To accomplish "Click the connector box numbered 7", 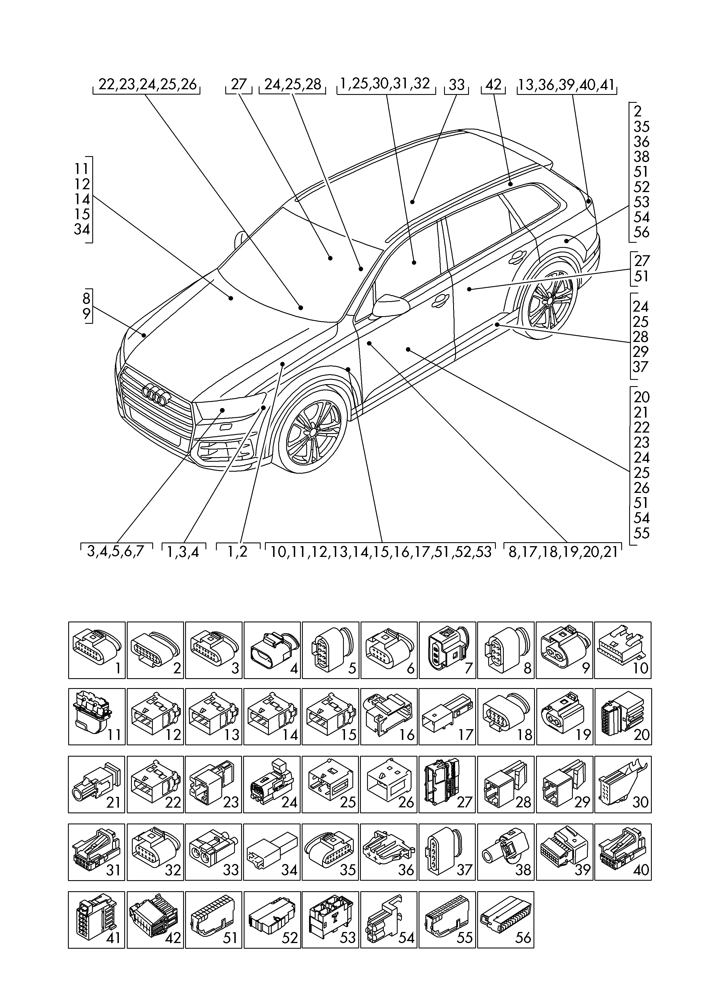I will [447, 650].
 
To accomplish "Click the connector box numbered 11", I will [97, 716].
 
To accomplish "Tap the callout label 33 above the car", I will [457, 84].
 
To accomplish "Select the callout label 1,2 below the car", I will [238, 552].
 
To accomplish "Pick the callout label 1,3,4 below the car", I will [184, 552].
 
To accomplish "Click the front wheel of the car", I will [312, 433].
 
